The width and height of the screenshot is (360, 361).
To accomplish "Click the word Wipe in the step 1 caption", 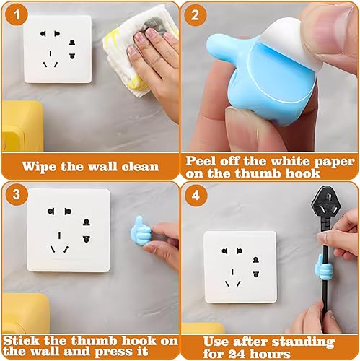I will (x=41, y=166).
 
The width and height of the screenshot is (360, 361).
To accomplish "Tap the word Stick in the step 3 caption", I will (x=22, y=341).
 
